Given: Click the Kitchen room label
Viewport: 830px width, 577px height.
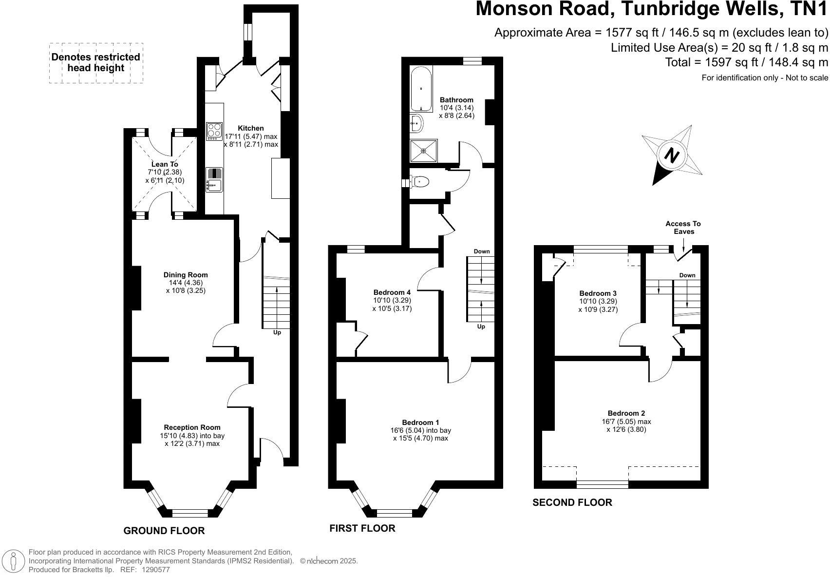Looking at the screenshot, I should point(251,128).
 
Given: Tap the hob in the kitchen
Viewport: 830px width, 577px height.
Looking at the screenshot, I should point(214,131).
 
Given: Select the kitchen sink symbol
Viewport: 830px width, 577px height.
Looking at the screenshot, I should point(213,179).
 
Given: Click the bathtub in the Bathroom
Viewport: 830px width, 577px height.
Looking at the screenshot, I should point(420,90).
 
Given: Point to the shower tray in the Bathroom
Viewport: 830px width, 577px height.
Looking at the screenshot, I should point(423,151).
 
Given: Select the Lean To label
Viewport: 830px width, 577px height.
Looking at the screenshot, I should point(165,164).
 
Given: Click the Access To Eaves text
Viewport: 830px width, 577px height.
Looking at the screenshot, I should point(683,228).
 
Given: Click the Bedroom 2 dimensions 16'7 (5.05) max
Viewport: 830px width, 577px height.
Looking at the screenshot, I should point(626,422).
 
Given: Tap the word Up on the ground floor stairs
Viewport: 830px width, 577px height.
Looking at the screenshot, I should point(277,332).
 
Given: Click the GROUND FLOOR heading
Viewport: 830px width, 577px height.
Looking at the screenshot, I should point(164,531).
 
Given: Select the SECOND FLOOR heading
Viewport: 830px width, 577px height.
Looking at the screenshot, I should point(572,502).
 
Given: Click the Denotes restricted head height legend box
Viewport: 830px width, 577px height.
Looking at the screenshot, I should point(96,63).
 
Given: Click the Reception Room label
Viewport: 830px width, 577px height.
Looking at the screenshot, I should point(192,427).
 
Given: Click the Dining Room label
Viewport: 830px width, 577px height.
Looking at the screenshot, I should point(185,275).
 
